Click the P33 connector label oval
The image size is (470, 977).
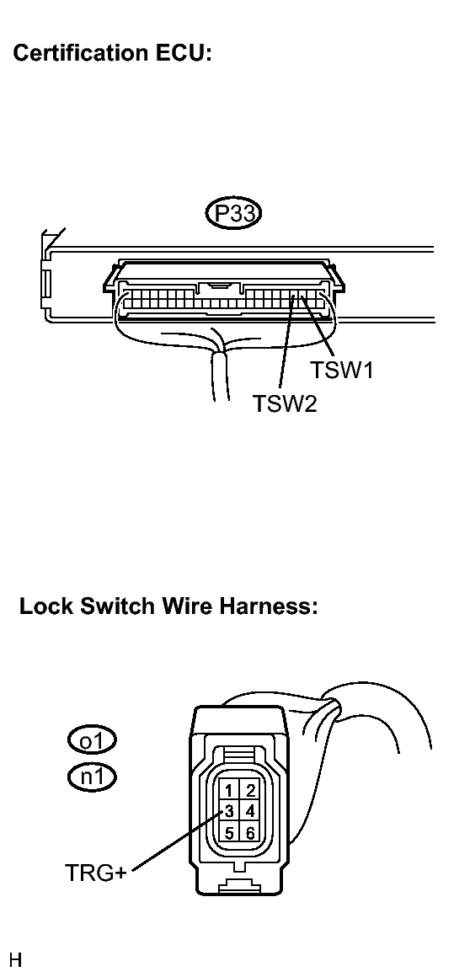tap(234, 214)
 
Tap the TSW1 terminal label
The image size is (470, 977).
tap(342, 370)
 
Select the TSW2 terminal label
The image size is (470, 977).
tap(285, 403)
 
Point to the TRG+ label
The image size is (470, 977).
tap(95, 873)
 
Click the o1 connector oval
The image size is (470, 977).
tap(92, 741)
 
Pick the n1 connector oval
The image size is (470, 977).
tap(92, 777)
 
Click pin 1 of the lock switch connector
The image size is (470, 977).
tap(229, 791)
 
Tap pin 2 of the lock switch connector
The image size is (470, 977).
tap(250, 791)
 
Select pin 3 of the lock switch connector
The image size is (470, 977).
tap(229, 812)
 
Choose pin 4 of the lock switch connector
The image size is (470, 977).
tap(250, 812)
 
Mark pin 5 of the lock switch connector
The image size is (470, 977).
tap(229, 833)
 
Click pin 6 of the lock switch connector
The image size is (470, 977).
tap(250, 833)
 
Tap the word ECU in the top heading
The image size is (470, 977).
tap(187, 53)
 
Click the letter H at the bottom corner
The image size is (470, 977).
tap(16, 959)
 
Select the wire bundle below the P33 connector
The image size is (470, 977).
tap(222, 377)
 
